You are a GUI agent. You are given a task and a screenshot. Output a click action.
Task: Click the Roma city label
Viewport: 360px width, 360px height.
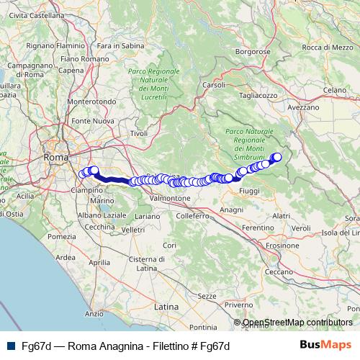point(55,156)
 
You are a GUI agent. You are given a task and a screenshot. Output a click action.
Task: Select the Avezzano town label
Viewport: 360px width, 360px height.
point(302,107)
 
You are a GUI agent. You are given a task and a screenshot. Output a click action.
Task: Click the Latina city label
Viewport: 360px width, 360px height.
point(166,306)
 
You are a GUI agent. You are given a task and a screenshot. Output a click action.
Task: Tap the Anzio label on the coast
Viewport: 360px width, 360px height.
point(94,313)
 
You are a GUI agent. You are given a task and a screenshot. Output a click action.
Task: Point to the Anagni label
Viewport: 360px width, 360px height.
point(232,209)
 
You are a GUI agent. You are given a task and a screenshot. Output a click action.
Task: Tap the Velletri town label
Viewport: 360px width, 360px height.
point(134,230)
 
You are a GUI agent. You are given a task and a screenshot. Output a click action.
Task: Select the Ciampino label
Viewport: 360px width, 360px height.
point(86,190)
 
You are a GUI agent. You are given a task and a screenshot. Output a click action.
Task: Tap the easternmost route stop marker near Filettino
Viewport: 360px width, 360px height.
point(277,156)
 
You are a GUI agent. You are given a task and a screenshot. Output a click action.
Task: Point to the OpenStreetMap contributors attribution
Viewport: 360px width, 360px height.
point(297,323)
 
